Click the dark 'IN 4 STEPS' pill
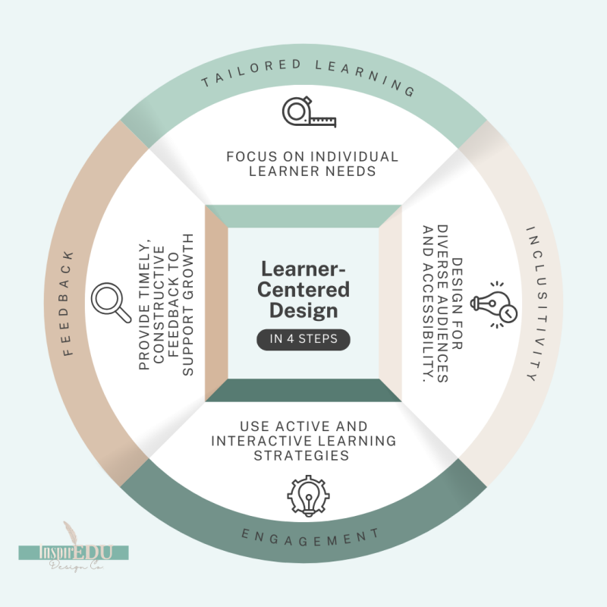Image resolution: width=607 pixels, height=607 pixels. pos(303,339)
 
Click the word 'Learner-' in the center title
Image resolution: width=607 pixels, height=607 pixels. pos(303,269)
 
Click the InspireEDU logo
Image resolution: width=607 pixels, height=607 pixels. pos(74,552)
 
